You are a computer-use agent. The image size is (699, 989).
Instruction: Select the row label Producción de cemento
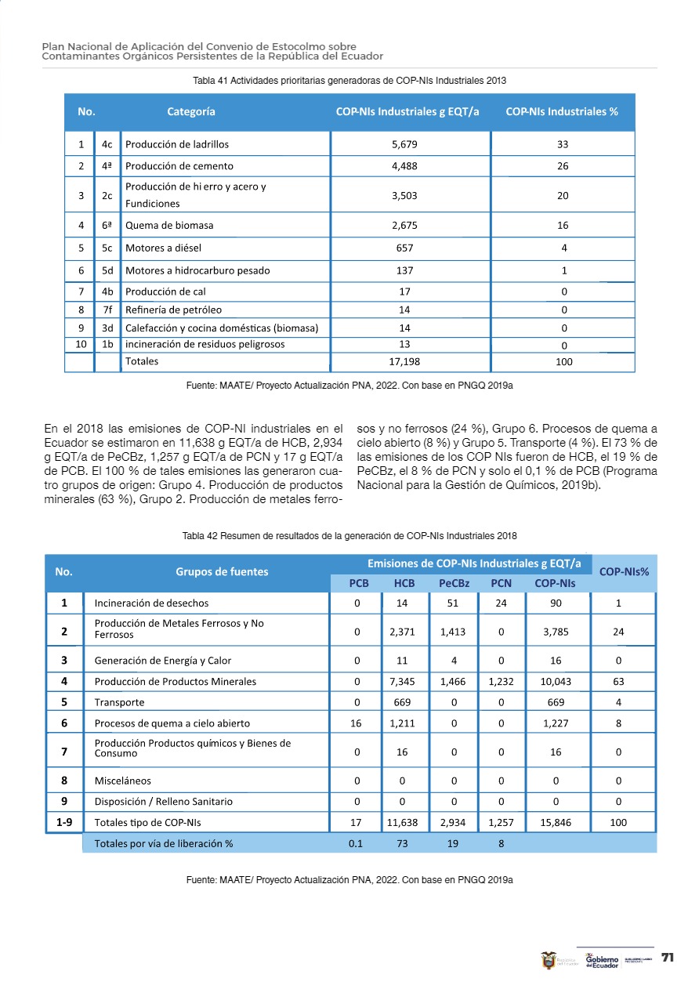pos(179,166)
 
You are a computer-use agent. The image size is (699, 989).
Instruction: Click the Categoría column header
pos(191,112)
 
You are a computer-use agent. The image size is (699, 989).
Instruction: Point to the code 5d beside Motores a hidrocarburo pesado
pos(108,270)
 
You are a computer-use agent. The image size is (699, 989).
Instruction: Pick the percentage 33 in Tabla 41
pos(563,144)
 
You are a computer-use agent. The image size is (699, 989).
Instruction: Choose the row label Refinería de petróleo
pos(173,310)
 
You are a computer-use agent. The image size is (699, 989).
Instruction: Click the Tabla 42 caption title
pos(349,535)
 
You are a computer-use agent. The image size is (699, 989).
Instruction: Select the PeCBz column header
pos(454,583)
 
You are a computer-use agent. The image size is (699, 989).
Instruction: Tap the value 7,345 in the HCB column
pos(404,681)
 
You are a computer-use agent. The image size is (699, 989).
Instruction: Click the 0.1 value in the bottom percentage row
pos(356,844)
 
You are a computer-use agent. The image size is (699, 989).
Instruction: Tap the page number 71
pos(668,958)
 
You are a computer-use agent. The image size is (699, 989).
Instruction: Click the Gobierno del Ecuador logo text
pos(602,960)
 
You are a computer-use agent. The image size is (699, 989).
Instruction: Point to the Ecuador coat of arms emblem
pos(549,960)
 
